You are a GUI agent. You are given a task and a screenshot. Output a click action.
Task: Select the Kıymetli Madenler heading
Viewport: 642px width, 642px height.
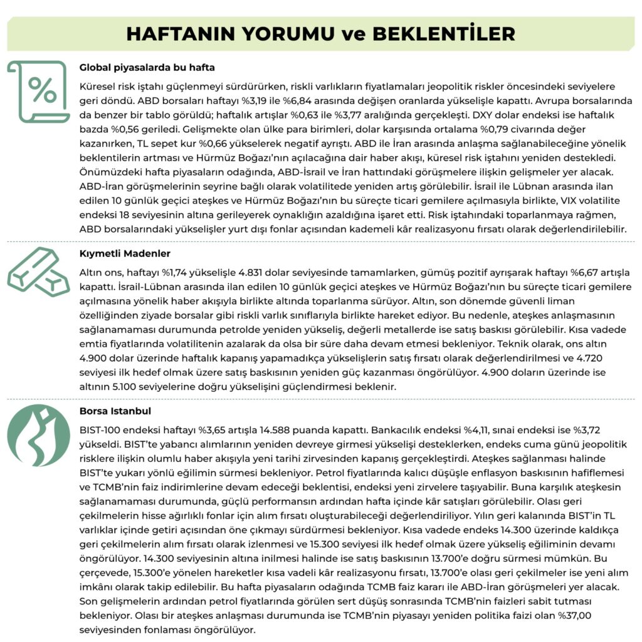pos(125,253)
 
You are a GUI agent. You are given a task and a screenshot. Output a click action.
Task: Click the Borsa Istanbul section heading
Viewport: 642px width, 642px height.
pos(115,411)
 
